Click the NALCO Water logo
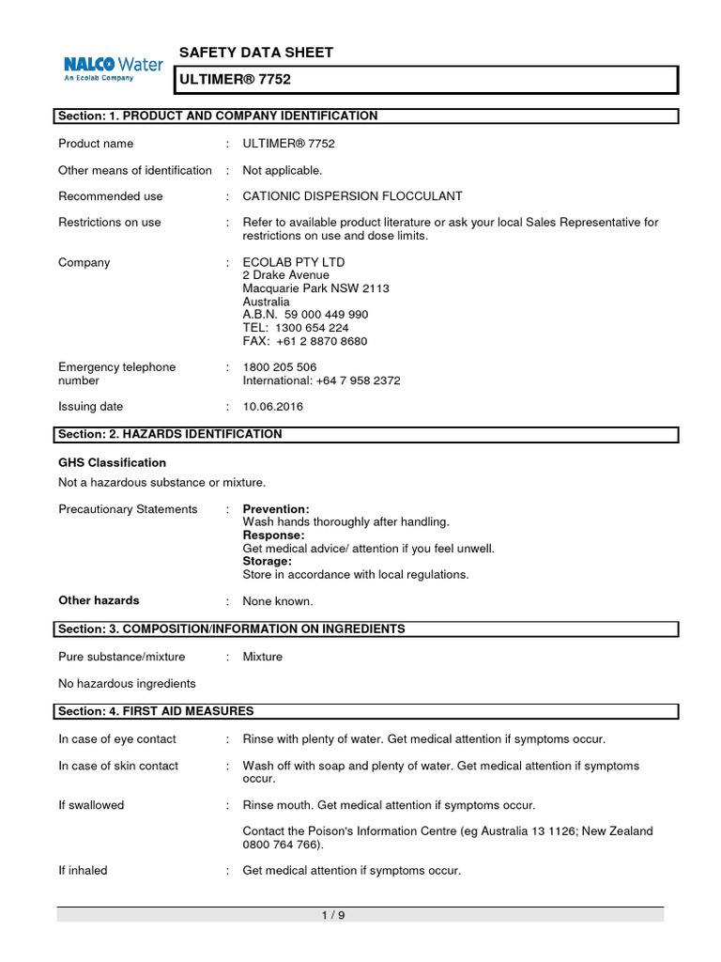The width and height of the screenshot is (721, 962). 113,68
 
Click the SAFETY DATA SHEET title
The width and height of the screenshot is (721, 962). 255,53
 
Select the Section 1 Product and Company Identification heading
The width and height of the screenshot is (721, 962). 218,116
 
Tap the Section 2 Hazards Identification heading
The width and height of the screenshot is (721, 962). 170,434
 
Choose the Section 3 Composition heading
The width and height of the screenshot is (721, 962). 232,628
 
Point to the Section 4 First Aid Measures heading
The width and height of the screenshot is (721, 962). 156,711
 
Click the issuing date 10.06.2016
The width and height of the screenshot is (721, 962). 273,407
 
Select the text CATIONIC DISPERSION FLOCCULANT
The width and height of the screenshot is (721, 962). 352,196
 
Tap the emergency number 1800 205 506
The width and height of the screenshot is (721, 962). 280,367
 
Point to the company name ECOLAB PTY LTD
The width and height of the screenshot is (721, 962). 294,262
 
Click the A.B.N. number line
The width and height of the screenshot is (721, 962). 305,315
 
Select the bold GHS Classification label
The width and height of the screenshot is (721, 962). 112,463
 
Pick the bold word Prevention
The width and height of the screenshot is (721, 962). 276,509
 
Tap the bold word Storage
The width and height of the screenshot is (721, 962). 268,561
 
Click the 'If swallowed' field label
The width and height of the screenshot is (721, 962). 91,805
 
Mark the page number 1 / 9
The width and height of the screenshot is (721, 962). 333,916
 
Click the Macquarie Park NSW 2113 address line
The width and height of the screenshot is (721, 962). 315,288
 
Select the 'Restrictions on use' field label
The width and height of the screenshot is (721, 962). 109,223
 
